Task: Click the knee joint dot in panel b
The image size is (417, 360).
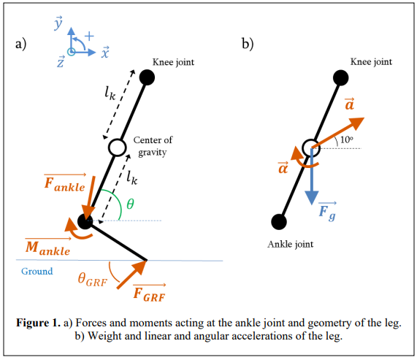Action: (340, 77)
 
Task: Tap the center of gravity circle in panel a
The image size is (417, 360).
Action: (116, 148)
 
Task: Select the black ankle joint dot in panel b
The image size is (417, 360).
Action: (278, 221)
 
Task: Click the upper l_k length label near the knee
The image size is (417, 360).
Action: (110, 93)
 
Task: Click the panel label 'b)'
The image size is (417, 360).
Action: (248, 44)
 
